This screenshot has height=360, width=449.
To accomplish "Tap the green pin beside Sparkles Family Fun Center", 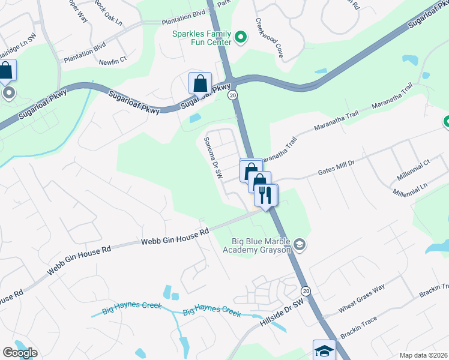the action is click(241, 38).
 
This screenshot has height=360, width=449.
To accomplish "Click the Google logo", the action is click(20, 353).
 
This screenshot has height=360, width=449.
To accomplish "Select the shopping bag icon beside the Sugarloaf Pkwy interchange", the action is click(200, 83).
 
